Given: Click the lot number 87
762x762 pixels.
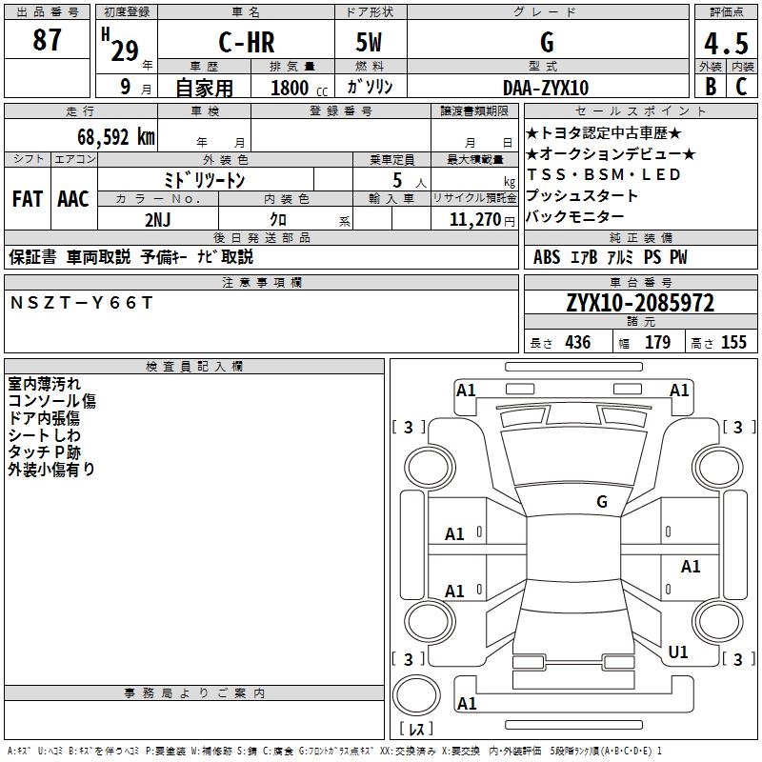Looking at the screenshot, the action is pyautogui.click(x=47, y=41).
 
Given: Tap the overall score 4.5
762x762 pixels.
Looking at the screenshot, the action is pyautogui.click(x=726, y=43).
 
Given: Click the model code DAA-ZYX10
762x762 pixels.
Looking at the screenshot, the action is pyautogui.click(x=546, y=88).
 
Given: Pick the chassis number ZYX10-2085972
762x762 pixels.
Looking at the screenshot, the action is pyautogui.click(x=640, y=303).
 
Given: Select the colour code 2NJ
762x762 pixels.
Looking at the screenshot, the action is pyautogui.click(x=158, y=219).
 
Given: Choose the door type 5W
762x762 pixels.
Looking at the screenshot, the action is pyautogui.click(x=369, y=43).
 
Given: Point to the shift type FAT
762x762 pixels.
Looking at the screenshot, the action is pyautogui.click(x=28, y=198).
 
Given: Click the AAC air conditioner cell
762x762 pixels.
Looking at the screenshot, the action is pyautogui.click(x=73, y=198).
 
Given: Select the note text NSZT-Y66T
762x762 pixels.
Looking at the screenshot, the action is pyautogui.click(x=81, y=302).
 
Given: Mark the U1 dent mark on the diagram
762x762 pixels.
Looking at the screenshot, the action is pyautogui.click(x=678, y=652).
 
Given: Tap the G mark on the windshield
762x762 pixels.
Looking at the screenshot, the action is pyautogui.click(x=602, y=501).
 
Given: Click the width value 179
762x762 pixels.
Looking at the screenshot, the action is pyautogui.click(x=657, y=343).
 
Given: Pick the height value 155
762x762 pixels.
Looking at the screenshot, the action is pyautogui.click(x=733, y=343).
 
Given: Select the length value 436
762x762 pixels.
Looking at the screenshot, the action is pyautogui.click(x=577, y=343).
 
